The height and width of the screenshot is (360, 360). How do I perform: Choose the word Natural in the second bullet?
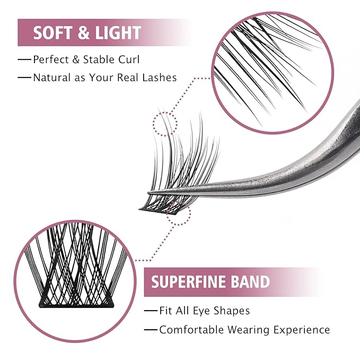[51, 77]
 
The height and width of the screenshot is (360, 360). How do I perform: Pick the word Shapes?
[232, 311]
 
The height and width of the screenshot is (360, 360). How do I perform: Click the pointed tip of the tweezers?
[149, 193]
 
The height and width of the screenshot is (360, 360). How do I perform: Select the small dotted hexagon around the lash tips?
[165, 124]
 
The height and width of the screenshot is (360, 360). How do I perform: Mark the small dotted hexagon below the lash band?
[178, 213]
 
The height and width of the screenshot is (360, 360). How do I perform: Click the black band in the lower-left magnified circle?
[76, 304]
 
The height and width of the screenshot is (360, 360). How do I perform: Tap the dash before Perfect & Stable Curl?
[24, 60]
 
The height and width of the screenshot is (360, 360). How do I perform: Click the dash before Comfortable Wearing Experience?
[151, 330]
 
